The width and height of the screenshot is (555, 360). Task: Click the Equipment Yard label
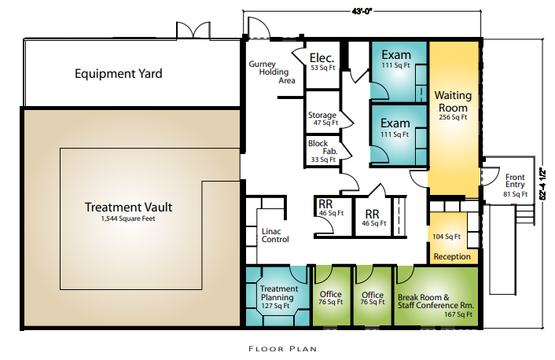click(x=118, y=74)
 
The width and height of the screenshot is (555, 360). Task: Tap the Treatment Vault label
click(x=128, y=207)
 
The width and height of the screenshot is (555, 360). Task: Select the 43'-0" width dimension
click(x=362, y=11)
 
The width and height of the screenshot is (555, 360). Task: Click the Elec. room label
click(x=322, y=57)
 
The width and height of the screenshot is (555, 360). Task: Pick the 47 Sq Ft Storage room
click(x=322, y=119)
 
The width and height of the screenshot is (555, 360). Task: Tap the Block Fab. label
click(x=323, y=147)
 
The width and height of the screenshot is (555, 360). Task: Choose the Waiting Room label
click(x=453, y=101)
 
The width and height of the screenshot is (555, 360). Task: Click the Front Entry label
click(x=515, y=181)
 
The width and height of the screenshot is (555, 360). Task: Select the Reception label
click(x=452, y=256)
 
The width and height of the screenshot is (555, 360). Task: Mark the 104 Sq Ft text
click(x=447, y=237)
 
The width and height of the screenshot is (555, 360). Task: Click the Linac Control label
click(x=275, y=235)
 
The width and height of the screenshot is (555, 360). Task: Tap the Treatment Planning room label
click(x=279, y=293)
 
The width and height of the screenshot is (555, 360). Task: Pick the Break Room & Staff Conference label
click(x=436, y=301)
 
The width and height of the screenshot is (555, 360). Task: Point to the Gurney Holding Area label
click(x=272, y=72)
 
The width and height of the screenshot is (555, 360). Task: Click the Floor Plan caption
click(x=282, y=349)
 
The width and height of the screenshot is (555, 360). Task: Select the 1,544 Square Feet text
click(x=128, y=219)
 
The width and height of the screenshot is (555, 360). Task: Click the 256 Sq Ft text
click(x=453, y=117)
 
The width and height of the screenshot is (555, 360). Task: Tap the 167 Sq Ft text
click(x=458, y=314)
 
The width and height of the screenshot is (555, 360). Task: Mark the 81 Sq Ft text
click(x=516, y=194)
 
